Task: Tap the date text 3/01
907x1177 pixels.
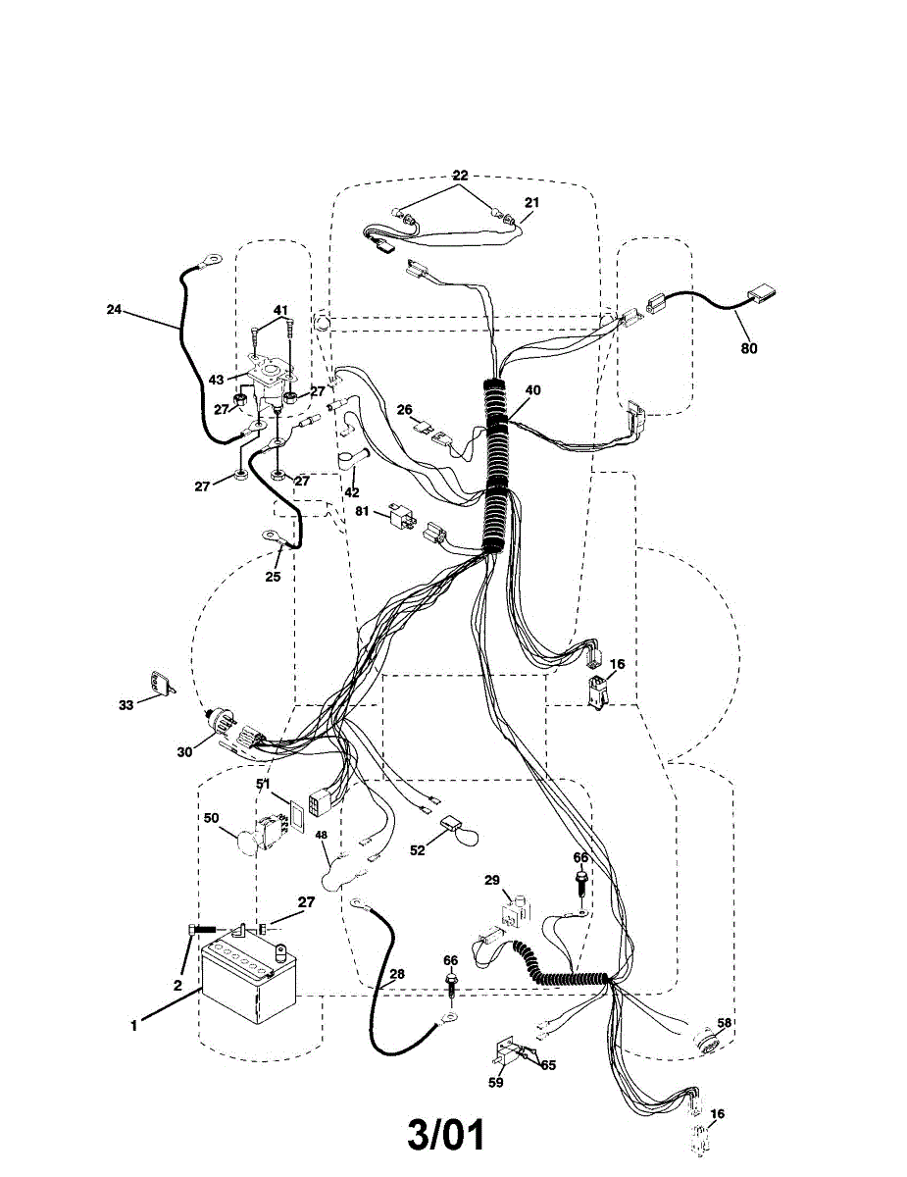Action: (446, 1135)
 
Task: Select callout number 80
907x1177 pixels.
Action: (749, 347)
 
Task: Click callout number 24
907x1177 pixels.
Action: (115, 309)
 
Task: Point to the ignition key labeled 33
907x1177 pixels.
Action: (161, 683)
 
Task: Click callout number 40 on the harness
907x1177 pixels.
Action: (532, 389)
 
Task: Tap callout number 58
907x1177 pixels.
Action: (724, 1023)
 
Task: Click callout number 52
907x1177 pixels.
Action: (418, 850)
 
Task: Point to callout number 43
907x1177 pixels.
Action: (216, 379)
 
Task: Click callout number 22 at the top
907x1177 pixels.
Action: (461, 176)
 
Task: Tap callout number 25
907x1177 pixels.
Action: (273, 576)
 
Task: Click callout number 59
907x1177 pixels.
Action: (496, 1083)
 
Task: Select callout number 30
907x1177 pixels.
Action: (184, 752)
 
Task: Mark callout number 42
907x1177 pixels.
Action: (350, 491)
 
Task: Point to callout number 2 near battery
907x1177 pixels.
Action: (177, 984)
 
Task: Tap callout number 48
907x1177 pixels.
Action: (321, 836)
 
